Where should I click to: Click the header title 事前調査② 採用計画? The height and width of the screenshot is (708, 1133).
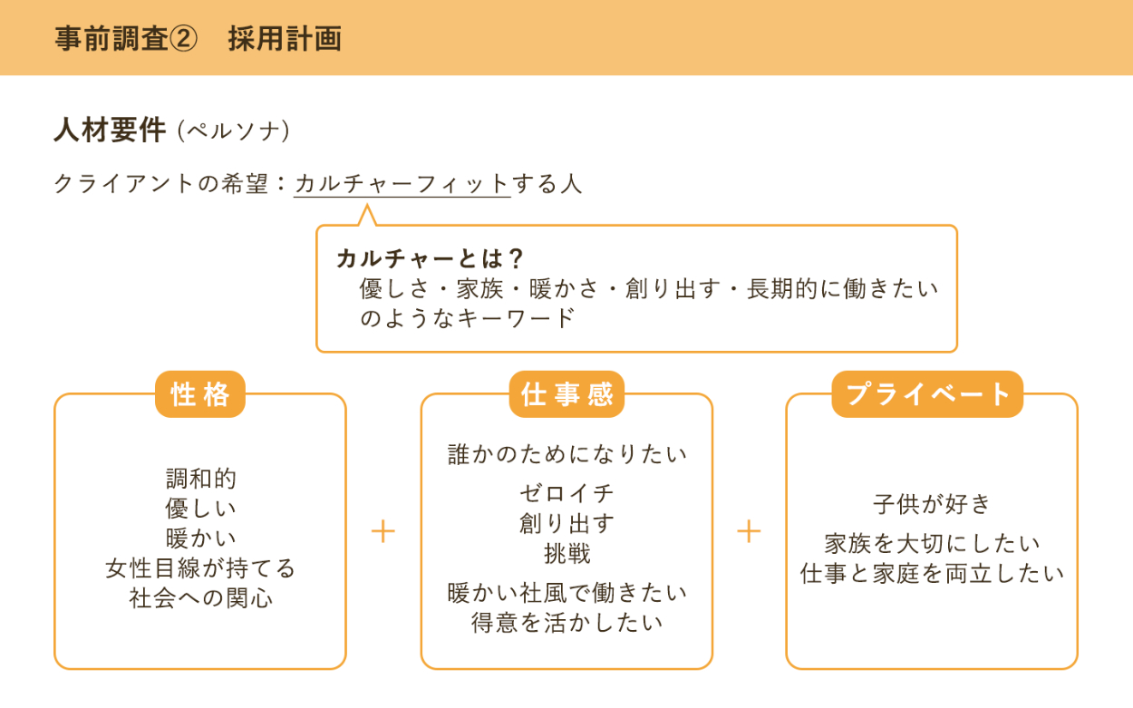(198, 39)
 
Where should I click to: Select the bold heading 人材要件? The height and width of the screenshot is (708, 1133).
(110, 131)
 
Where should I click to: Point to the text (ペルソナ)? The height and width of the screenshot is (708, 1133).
(233, 131)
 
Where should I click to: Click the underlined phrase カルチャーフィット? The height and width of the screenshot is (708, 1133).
(402, 184)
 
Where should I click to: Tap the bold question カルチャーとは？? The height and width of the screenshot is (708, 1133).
(431, 258)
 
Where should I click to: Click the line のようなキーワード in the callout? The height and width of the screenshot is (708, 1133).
(468, 318)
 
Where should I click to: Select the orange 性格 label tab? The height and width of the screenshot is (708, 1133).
(200, 394)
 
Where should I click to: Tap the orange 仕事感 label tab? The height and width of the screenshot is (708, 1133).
(566, 394)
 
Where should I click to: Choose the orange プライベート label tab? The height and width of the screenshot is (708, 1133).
(927, 394)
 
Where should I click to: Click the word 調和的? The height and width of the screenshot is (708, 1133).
(200, 478)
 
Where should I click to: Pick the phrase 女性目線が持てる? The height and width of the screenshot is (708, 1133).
(200, 568)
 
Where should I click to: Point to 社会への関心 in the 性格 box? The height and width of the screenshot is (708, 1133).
(200, 598)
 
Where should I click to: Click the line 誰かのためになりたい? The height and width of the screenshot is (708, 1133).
(567, 454)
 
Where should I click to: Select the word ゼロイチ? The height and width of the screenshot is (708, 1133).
(567, 493)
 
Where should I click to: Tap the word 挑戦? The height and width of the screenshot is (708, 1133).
(567, 553)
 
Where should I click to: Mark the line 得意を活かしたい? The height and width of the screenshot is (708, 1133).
(567, 622)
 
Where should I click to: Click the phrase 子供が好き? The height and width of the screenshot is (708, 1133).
(932, 504)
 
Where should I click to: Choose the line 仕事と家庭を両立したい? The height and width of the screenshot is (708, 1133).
(932, 573)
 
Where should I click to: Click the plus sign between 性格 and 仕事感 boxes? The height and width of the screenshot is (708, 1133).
(383, 531)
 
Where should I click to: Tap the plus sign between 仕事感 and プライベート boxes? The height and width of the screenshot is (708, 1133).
(749, 531)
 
